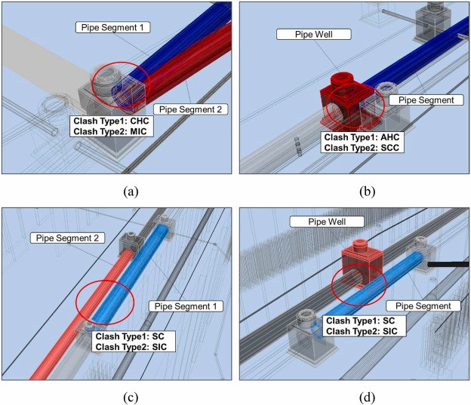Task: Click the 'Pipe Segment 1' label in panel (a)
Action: [x=112, y=28]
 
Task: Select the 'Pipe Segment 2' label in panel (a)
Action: [x=190, y=109]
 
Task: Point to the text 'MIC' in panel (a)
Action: [x=138, y=131]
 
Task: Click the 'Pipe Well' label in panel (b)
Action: [x=313, y=34]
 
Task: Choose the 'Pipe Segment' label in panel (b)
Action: [x=426, y=100]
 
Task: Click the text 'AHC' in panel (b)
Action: [x=389, y=137]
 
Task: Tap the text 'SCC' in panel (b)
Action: [x=389, y=148]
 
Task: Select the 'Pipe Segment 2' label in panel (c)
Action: [x=68, y=238]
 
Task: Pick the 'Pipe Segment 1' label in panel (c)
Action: [x=186, y=306]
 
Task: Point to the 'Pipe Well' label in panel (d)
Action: [x=327, y=222]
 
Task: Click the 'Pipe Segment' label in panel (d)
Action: [x=423, y=306]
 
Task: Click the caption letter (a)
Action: [x=131, y=192]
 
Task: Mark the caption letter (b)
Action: [x=367, y=192]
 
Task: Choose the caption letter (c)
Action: [x=131, y=397]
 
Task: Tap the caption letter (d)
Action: [x=367, y=397]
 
